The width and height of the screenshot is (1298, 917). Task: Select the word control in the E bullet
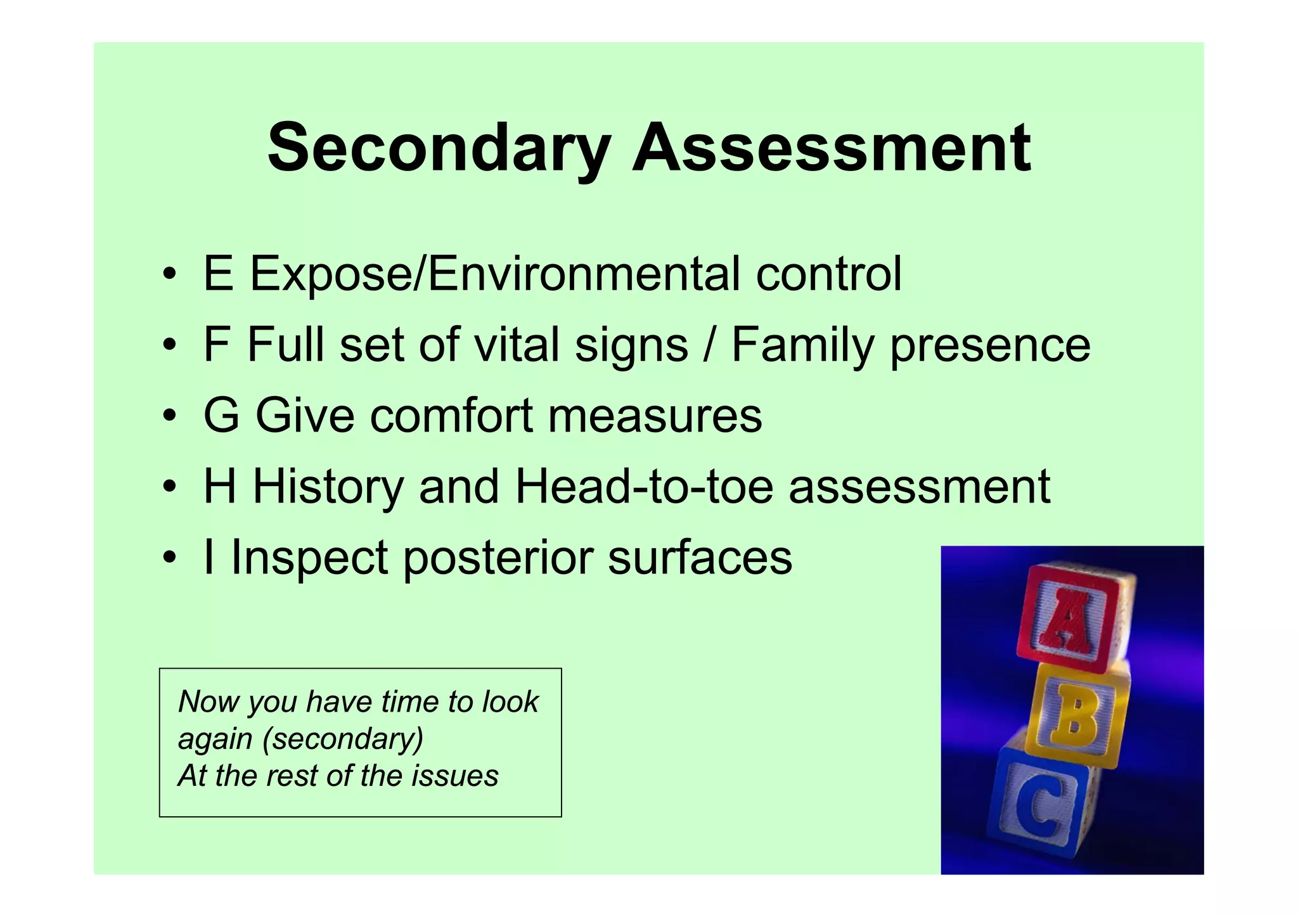(x=828, y=274)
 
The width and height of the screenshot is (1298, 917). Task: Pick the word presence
(x=990, y=346)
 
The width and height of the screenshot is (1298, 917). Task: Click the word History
(x=328, y=487)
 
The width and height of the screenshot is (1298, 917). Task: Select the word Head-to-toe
(x=644, y=487)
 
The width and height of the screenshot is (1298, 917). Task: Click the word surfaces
(x=700, y=558)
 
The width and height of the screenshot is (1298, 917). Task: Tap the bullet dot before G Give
(x=169, y=416)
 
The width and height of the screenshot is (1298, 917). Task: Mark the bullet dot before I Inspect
(x=169, y=558)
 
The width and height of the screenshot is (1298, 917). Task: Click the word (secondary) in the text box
(x=343, y=739)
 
